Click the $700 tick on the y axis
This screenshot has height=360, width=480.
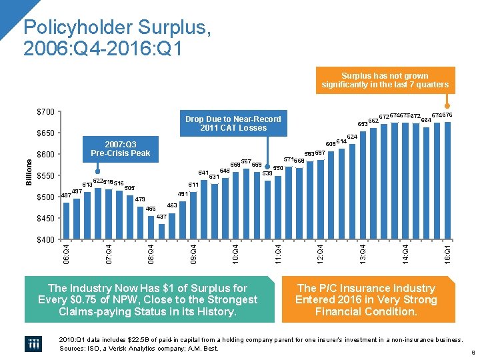45,112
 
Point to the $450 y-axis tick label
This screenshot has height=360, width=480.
45,219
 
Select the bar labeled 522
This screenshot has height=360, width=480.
98,213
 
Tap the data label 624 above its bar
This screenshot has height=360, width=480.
352,137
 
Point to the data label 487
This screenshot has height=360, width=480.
65,195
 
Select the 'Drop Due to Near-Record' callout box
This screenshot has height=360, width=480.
233,123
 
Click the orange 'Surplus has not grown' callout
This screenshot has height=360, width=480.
385,81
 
